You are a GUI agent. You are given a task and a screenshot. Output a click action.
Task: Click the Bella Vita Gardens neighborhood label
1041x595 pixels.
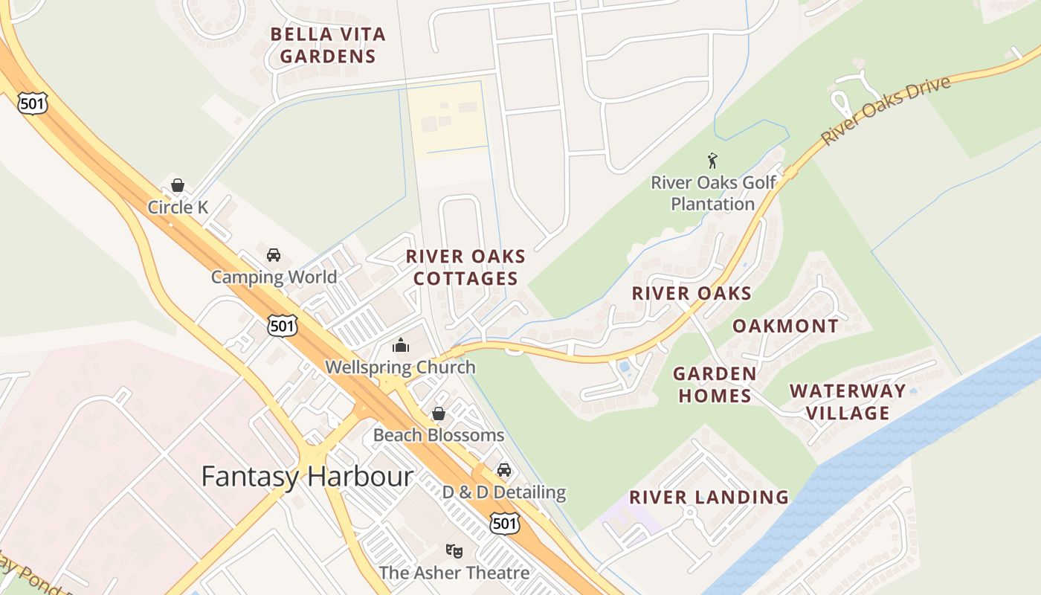coord(328,45)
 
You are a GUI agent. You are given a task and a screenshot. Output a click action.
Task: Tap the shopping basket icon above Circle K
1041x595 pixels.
coord(178,185)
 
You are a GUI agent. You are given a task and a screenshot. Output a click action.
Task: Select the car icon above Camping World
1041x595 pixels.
coord(274,255)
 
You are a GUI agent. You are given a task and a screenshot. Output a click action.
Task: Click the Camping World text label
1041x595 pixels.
coord(274,277)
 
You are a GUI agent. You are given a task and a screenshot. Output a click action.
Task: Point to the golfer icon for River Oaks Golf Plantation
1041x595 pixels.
coord(712,161)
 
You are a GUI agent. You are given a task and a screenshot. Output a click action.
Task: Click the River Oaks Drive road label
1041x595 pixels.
coord(886,109)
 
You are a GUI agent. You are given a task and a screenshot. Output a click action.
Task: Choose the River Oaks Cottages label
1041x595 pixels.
coord(465,268)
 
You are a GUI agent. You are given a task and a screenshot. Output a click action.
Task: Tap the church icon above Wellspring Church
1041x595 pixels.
coord(400,345)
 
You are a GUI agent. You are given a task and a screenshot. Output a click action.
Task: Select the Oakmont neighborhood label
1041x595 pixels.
coord(785,326)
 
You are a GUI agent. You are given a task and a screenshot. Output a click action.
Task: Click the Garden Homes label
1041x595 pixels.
coord(715,385)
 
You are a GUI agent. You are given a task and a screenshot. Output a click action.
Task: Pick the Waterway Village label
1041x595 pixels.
coord(848,402)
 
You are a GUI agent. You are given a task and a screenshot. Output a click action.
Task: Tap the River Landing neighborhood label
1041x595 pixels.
coord(709,497)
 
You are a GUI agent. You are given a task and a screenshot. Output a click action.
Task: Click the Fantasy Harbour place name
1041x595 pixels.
coord(307,476)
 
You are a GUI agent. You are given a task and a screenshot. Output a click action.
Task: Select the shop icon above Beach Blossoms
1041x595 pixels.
coord(439,414)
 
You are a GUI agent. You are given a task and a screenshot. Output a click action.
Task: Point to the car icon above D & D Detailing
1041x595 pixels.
coord(504,470)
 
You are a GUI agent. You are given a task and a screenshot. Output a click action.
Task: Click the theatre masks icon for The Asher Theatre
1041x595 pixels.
coord(454,551)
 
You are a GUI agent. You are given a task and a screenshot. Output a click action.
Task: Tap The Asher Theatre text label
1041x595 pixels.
coord(454,573)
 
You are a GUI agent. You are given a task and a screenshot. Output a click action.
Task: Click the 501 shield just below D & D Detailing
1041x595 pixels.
coord(503,523)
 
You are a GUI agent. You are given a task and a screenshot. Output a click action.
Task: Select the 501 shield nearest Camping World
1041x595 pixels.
coord(283,325)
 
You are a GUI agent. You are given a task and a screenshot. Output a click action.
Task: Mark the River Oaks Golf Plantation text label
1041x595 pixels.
coord(713,193)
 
